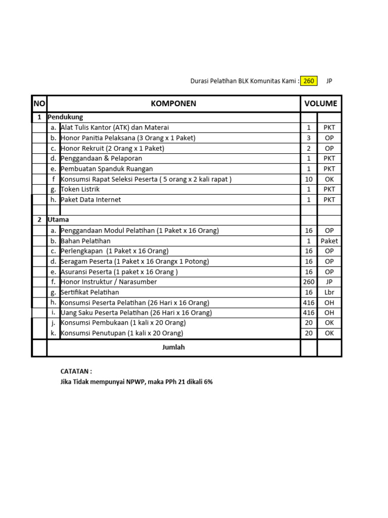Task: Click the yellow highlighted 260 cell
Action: pyautogui.click(x=309, y=81)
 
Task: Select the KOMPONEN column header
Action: pyautogui.click(x=173, y=104)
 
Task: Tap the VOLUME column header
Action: pyautogui.click(x=321, y=104)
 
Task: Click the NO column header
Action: pyautogui.click(x=39, y=104)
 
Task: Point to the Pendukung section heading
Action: pyautogui.click(x=65, y=117)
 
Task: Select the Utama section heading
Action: pyautogui.click(x=59, y=220)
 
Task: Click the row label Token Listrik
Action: pyautogui.click(x=80, y=189)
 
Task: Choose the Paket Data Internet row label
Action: pyautogui.click(x=91, y=200)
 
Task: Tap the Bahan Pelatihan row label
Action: pyautogui.click(x=85, y=241)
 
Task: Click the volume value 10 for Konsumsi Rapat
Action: pyautogui.click(x=309, y=179)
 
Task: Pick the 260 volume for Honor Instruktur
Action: pyautogui.click(x=309, y=282)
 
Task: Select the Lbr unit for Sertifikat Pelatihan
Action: pyautogui.click(x=329, y=292)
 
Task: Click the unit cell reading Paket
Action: pyautogui.click(x=329, y=241)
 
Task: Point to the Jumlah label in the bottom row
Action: pyautogui.click(x=173, y=348)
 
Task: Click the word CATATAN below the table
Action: pyautogui.click(x=76, y=371)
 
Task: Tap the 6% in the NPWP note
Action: pyautogui.click(x=208, y=382)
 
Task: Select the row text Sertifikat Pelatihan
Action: pyautogui.click(x=90, y=292)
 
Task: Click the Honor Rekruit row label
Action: pyautogui.click(x=112, y=148)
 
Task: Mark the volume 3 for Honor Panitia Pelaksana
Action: pyautogui.click(x=309, y=138)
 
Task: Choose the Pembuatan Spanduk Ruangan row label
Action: pyautogui.click(x=107, y=169)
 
